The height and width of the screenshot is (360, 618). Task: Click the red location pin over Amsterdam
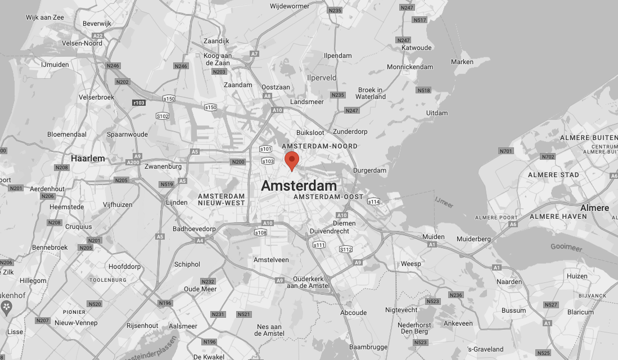coord(291,160)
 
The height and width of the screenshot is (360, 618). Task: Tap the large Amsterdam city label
coord(299,186)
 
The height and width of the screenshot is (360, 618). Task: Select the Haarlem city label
coord(88,159)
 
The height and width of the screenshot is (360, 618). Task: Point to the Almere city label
coord(594,208)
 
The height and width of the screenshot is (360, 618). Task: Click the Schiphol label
coord(187,264)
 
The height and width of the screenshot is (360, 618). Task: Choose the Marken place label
coord(462,62)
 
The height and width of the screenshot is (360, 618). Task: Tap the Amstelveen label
coord(271,260)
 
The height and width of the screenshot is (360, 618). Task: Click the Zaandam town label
coord(238,85)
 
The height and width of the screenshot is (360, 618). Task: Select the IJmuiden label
coord(55,65)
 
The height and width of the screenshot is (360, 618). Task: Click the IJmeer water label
coord(444,200)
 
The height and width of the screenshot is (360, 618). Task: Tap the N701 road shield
coord(506,151)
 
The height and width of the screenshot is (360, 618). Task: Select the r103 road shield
coord(138,103)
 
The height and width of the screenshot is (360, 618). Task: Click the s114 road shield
coord(373,201)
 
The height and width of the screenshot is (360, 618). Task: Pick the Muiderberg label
coord(473,239)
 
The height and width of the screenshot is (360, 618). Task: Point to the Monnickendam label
coord(410,67)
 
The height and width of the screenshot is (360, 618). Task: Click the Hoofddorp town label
coord(125,267)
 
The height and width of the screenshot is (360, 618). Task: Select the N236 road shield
coord(455,295)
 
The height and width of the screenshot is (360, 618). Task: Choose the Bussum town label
coord(513,310)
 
